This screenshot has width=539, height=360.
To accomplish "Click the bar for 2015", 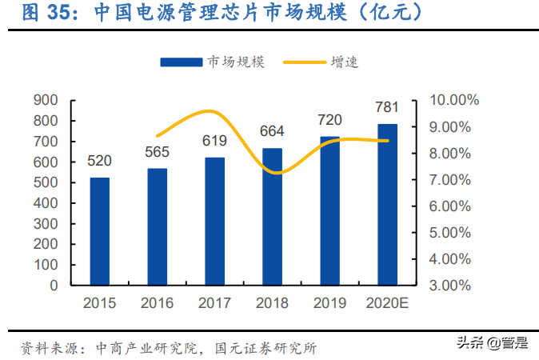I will click(x=99, y=230).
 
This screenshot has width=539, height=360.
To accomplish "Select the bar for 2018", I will click(x=272, y=216).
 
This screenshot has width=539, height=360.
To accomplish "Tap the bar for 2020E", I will click(x=387, y=204).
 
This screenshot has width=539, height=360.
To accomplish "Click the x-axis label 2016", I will click(x=157, y=303).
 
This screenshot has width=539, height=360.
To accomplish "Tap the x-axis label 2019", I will click(x=329, y=303).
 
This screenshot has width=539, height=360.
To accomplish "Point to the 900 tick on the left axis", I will click(x=46, y=100).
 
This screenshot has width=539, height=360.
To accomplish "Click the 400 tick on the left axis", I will click(x=46, y=203).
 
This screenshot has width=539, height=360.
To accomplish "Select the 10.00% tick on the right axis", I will click(x=453, y=100).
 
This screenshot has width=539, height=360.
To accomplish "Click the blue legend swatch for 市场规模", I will click(x=182, y=62).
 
